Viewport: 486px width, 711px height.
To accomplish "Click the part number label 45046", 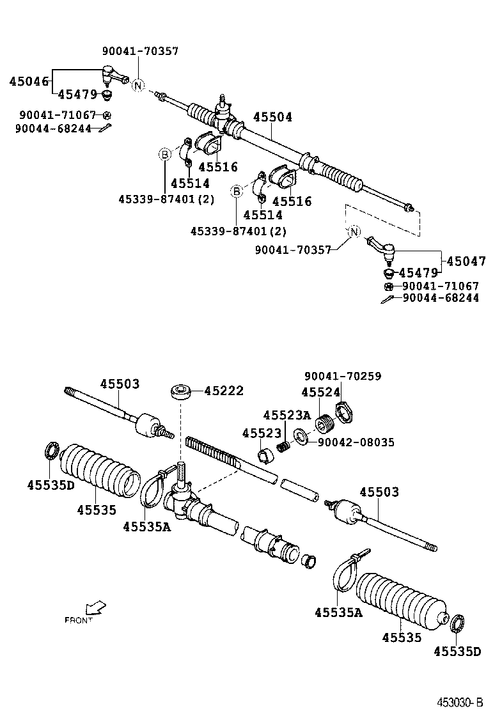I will tap(28, 81).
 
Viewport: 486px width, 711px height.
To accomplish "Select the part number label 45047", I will tap(466, 261).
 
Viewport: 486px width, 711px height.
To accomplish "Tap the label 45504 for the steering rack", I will tap(272, 117).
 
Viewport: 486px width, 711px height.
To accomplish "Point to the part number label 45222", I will tap(224, 391).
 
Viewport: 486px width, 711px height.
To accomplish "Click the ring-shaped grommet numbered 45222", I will tap(180, 391).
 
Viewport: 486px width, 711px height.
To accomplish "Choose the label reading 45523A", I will tap(286, 416).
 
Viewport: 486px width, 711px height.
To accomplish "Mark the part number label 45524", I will tap(320, 393).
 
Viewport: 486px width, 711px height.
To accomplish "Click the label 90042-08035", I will tap(356, 442).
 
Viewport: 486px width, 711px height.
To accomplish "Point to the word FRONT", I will tap(79, 620).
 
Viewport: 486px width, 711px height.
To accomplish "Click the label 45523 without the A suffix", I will tap(262, 434).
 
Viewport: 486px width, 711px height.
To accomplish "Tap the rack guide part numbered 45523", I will tap(265, 456).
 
